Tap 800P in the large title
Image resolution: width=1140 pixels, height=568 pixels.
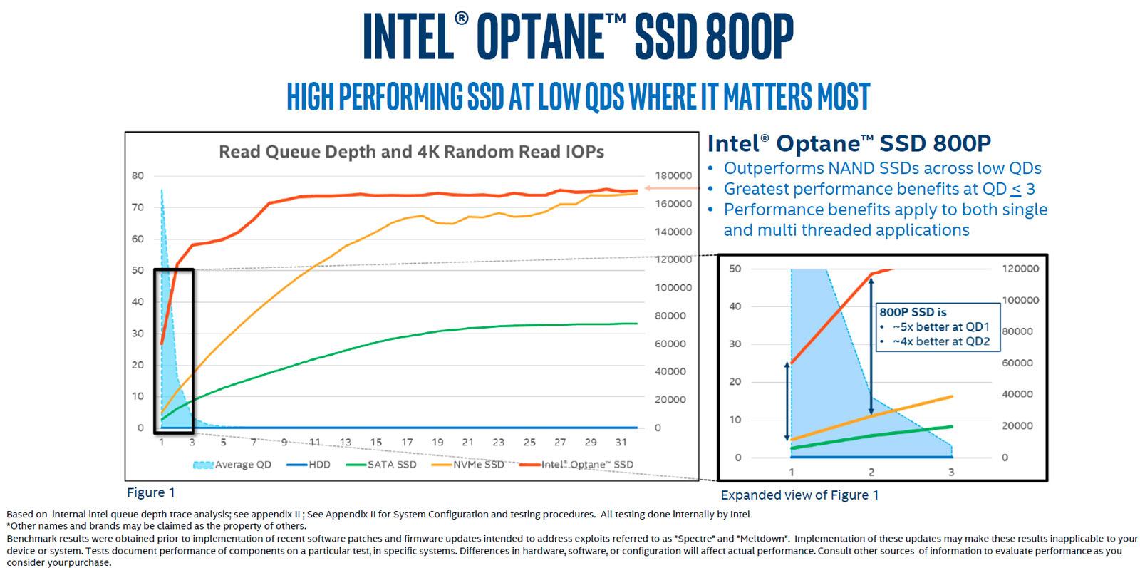[750, 37]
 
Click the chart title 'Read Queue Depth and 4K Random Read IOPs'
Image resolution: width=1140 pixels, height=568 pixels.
[411, 152]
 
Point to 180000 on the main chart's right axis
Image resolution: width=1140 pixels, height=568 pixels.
[673, 175]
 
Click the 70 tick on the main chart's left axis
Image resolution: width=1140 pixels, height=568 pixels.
[138, 207]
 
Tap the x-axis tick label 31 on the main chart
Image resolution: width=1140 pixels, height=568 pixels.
[621, 442]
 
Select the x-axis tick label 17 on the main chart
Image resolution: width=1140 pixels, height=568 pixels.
[406, 442]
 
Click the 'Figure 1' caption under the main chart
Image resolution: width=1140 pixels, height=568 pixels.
[150, 492]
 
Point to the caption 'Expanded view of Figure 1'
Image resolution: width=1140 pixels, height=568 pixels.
[799, 495]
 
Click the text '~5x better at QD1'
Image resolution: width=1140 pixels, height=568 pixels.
[940, 327]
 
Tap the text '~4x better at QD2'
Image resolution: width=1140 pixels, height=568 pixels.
[940, 341]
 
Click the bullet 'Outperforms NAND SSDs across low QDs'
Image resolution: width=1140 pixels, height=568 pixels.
[882, 169]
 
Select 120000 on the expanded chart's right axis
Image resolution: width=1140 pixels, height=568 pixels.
[1020, 269]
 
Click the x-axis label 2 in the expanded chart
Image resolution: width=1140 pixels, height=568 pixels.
[871, 472]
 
